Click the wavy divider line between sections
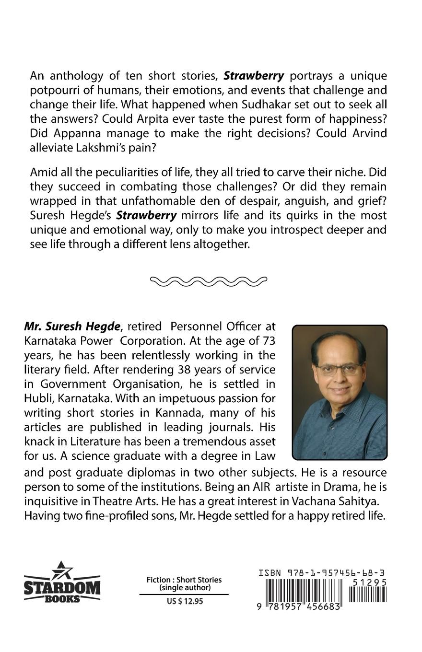(x=209, y=281)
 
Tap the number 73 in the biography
(x=266, y=341)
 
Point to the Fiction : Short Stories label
(x=184, y=580)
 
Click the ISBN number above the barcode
(x=321, y=573)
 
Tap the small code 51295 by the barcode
(x=369, y=582)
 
